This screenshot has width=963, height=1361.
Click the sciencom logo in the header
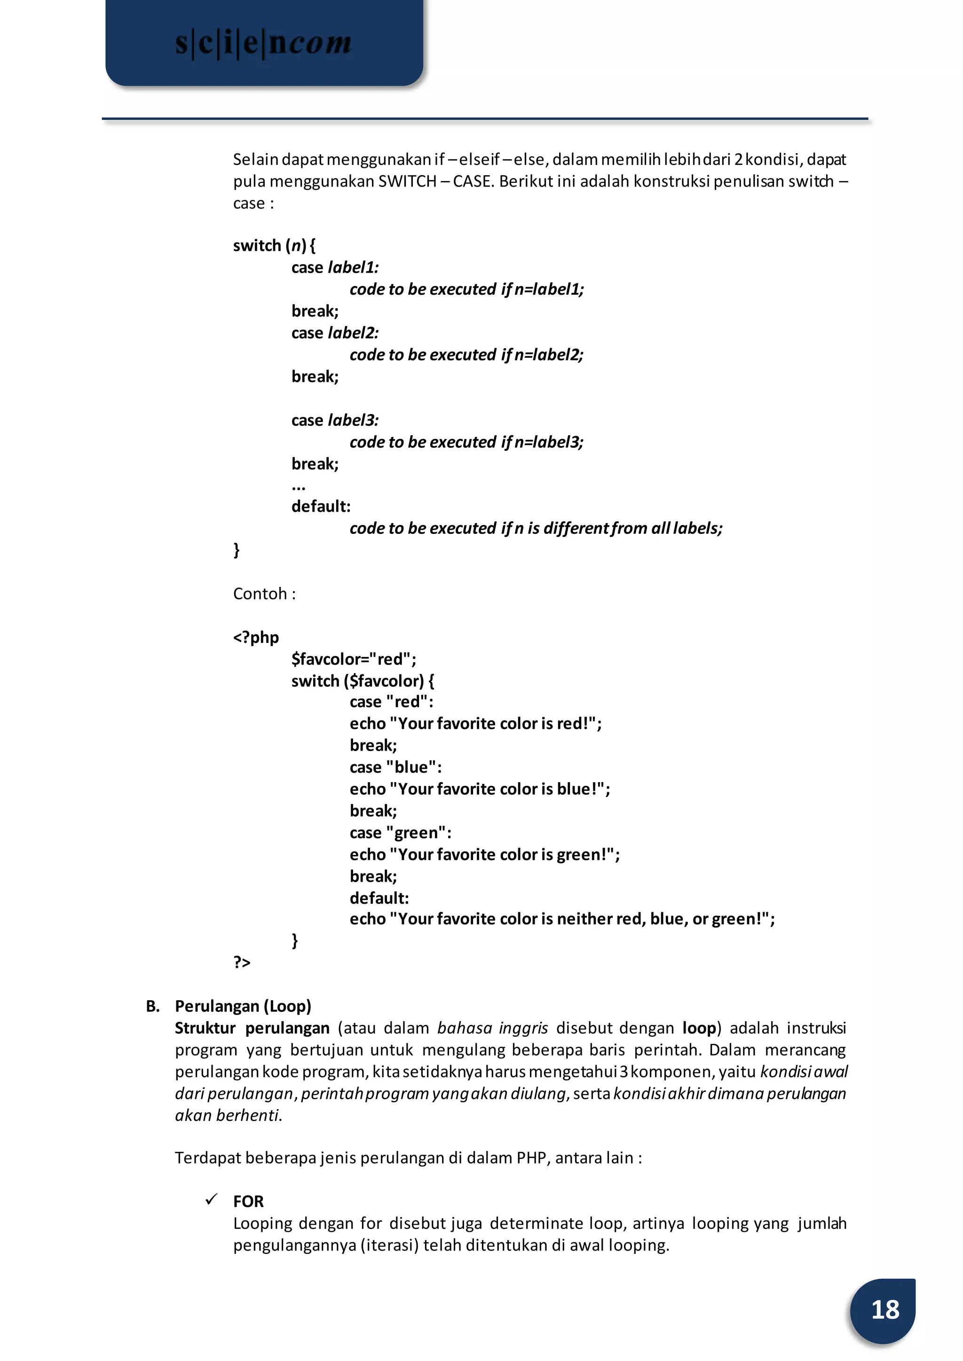(264, 43)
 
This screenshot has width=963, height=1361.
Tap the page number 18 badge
(884, 1309)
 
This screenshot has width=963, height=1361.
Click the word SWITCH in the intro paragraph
(407, 181)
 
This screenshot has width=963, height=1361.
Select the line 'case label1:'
(334, 267)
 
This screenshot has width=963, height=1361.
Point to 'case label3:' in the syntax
(334, 420)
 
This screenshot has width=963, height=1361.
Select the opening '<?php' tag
(256, 638)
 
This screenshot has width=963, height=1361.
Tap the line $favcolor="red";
(354, 659)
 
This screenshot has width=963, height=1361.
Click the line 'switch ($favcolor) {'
(363, 681)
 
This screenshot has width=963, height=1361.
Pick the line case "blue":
(395, 767)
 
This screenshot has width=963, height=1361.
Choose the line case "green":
(400, 833)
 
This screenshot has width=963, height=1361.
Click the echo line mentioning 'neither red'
(561, 919)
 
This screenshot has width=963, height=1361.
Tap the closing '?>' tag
(241, 962)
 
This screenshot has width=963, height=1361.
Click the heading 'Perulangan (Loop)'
(243, 1007)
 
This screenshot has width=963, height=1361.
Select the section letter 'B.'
(152, 1007)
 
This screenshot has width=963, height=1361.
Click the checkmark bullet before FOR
(211, 1200)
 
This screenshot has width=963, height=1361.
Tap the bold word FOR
(248, 1202)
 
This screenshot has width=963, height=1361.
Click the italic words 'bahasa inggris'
(492, 1028)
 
